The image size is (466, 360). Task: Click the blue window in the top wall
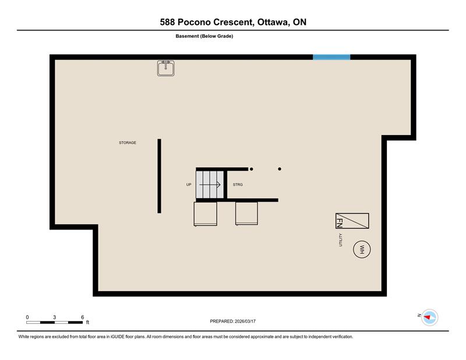tap(331, 57)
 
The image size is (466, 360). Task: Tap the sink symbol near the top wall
tap(166, 68)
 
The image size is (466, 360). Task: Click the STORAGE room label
tap(128, 143)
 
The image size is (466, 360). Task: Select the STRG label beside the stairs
tap(238, 185)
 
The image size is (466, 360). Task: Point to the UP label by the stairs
tap(189, 185)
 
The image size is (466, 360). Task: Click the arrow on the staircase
tap(210, 185)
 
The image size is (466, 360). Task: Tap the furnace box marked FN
tap(352, 221)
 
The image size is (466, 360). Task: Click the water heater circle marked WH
tap(362, 249)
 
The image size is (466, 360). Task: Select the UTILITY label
tap(340, 240)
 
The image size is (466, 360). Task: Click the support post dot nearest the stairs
tap(252, 169)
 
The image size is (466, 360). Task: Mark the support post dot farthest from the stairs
tap(280, 169)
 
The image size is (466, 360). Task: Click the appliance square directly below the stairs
tap(206, 214)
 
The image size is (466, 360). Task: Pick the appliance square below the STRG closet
tap(246, 213)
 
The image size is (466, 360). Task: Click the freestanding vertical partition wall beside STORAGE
tap(159, 176)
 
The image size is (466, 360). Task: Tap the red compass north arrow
tap(427, 317)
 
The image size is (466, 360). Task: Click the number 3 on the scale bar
tap(54, 317)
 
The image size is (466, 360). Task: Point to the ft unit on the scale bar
tap(88, 322)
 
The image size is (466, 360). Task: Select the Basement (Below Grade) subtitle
tap(204, 36)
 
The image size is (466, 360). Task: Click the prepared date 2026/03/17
tap(245, 322)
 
